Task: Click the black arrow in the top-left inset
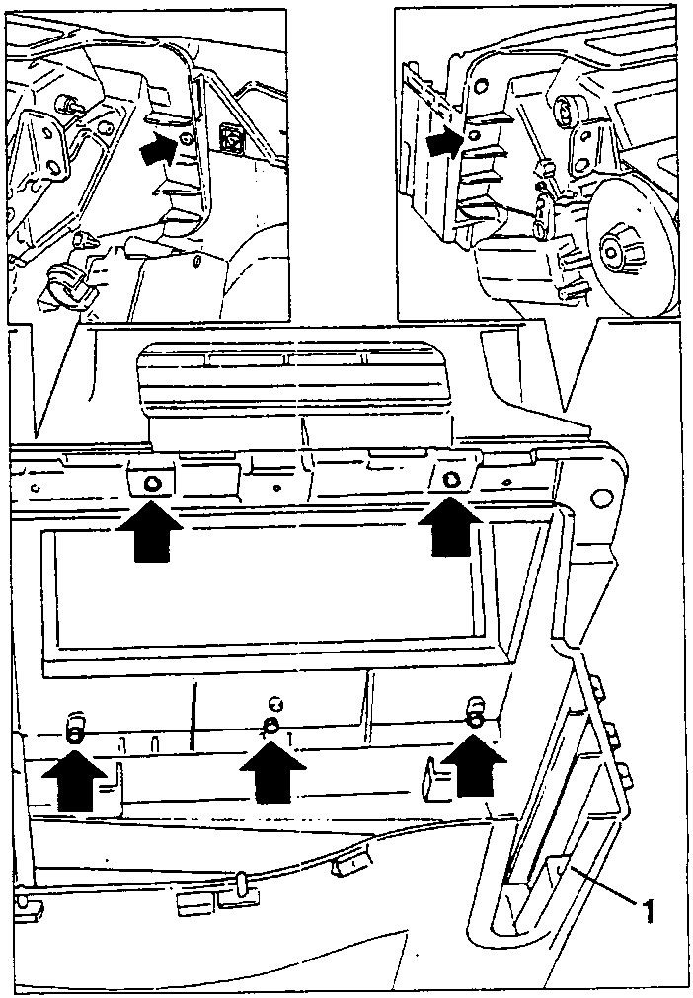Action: pos(158,150)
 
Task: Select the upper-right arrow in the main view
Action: pos(449,525)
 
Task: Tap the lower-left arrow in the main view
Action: pos(75,780)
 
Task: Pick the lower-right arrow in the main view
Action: pos(474,766)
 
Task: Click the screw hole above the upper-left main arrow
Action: pos(152,484)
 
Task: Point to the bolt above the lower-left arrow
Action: pos(74,730)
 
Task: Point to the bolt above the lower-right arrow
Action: pos(476,712)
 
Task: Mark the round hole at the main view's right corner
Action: pos(599,499)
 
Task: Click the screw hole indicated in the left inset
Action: pos(186,139)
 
